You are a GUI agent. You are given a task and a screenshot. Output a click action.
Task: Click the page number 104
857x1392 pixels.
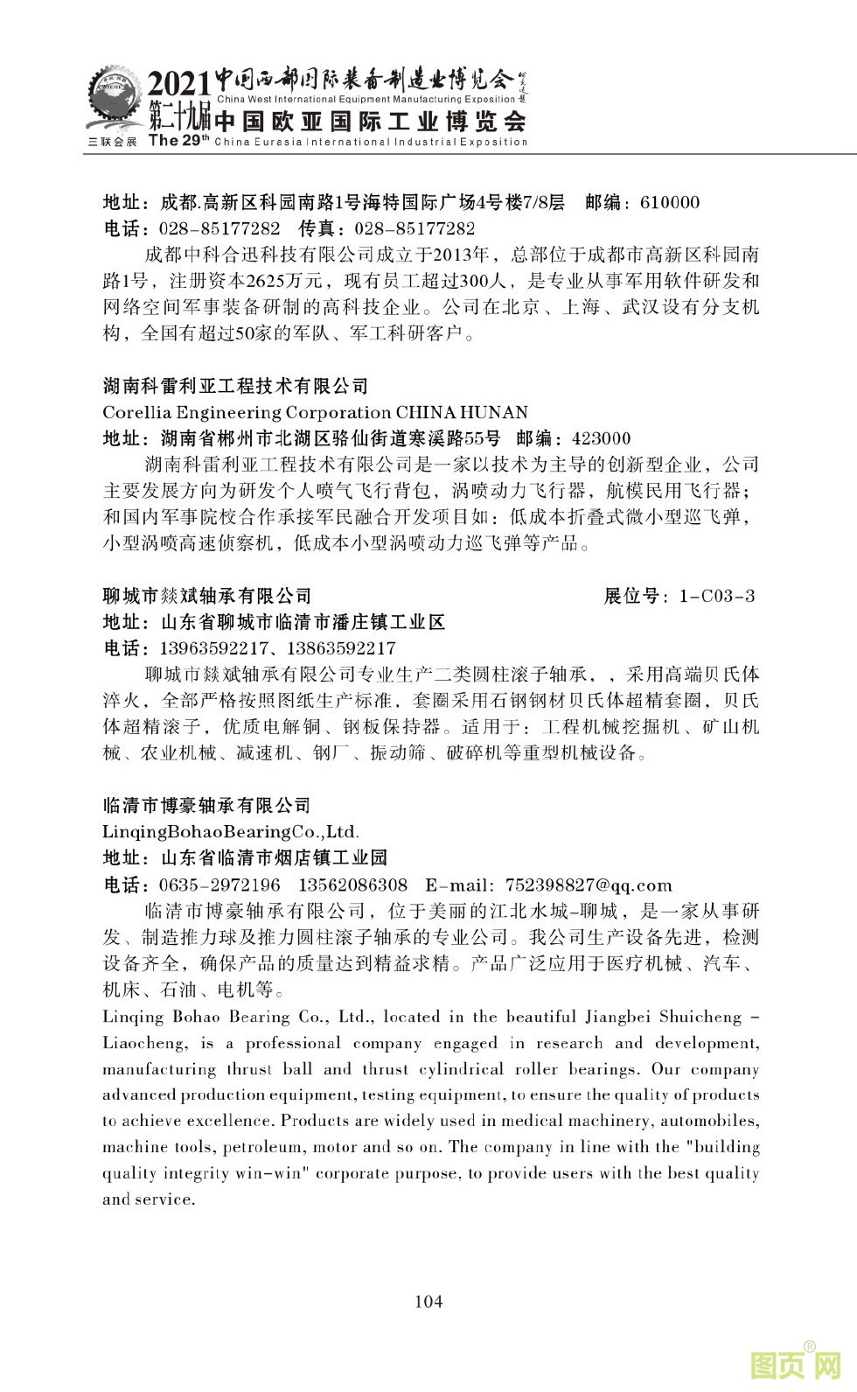(x=428, y=1301)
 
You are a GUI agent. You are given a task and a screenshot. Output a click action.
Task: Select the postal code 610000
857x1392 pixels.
(x=670, y=203)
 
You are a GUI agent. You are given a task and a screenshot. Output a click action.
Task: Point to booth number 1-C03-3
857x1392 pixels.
(x=716, y=597)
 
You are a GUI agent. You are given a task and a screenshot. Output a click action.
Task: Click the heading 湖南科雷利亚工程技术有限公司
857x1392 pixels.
(x=236, y=386)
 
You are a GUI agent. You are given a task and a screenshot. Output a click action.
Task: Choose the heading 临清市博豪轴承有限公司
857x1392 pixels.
(x=207, y=805)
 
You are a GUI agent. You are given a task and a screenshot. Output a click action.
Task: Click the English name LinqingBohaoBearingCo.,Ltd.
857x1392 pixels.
(x=231, y=831)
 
